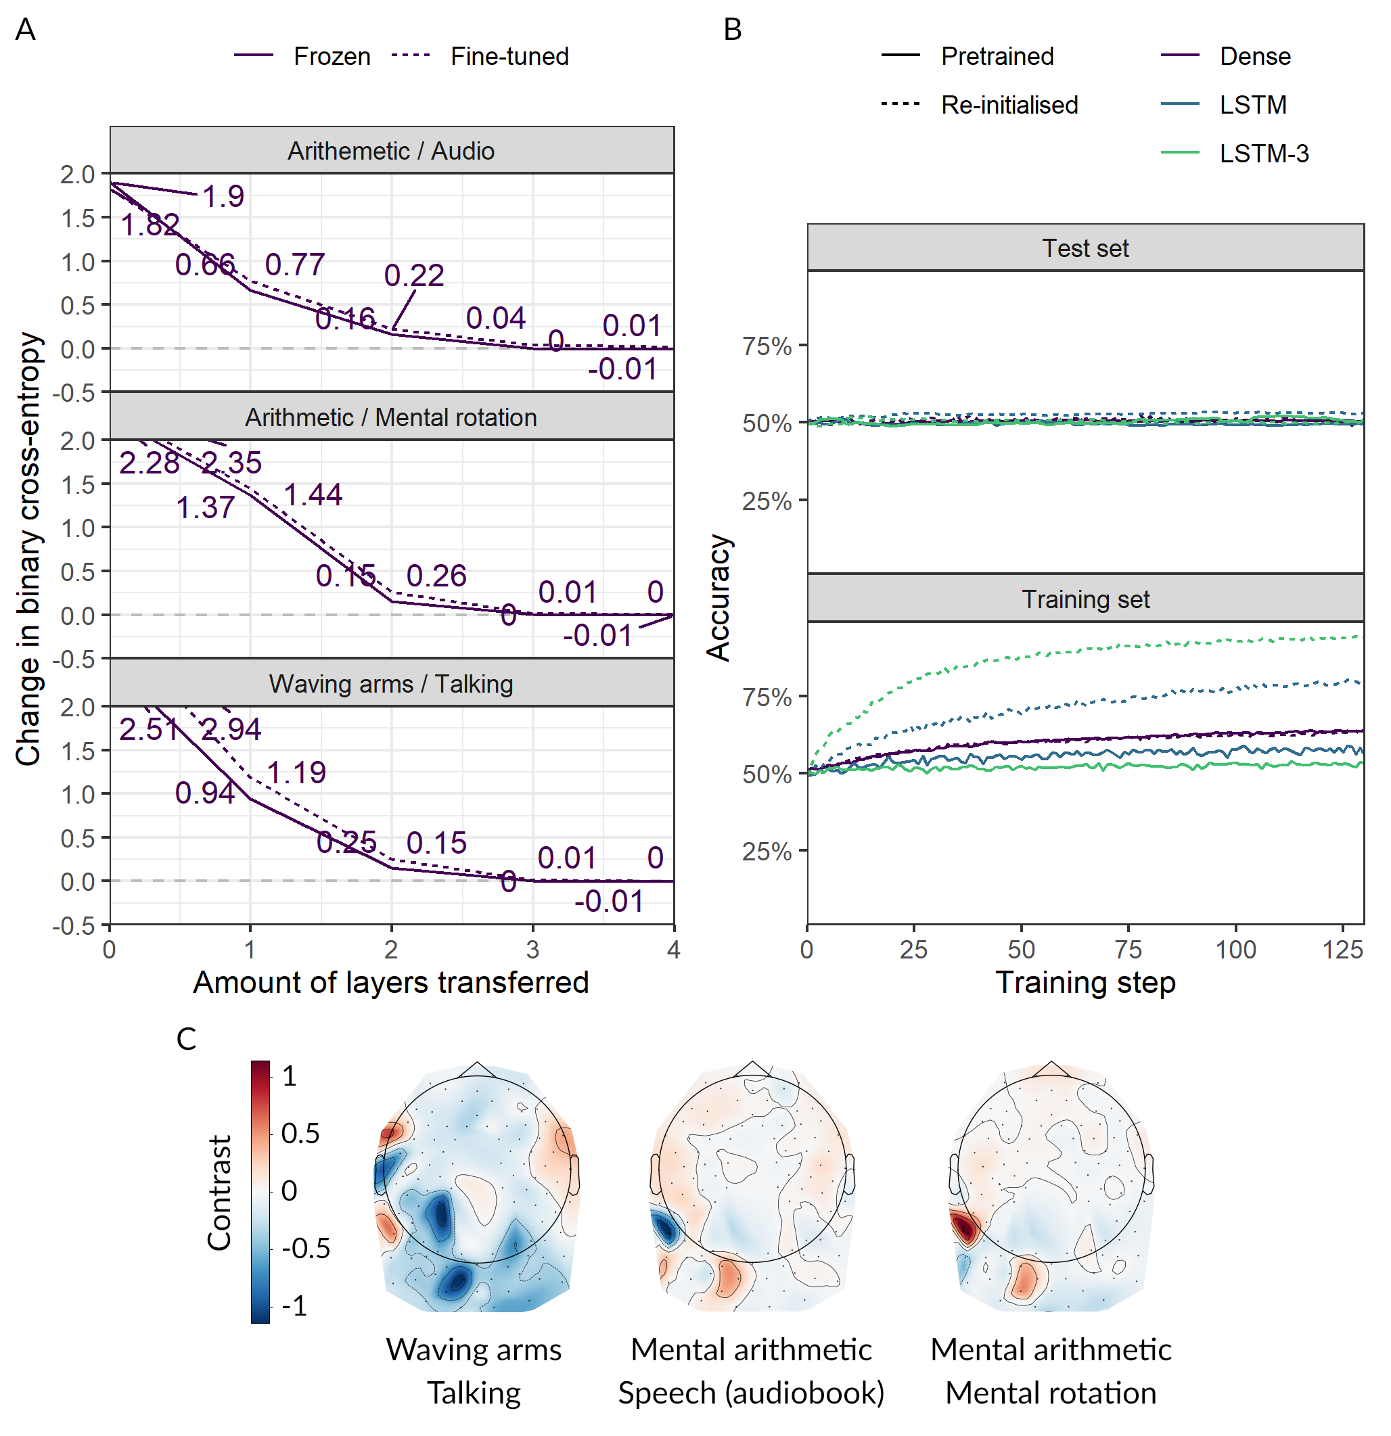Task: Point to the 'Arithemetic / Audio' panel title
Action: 390,151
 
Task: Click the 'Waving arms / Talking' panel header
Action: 390,684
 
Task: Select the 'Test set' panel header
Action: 1085,248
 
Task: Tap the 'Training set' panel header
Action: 1085,599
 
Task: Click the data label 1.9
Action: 223,196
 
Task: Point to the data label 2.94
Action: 231,729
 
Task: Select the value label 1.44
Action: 313,494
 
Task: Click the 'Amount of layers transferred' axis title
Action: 390,983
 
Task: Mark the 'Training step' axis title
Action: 1085,983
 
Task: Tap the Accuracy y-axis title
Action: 719,597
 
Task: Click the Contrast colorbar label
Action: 219,1192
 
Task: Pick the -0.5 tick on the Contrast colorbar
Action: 306,1248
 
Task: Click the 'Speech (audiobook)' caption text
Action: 750,1393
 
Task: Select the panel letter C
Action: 186,1039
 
